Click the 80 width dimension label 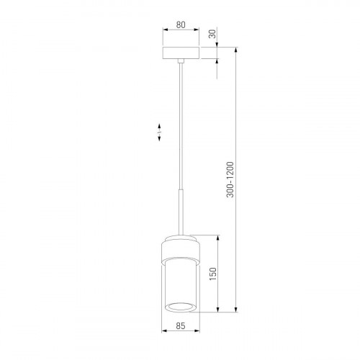point(181,24)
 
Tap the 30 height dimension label point(212,34)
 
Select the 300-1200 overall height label point(230,179)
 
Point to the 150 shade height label point(212,274)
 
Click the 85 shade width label point(181,326)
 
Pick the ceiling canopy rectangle point(181,53)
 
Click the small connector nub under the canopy point(181,61)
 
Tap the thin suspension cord point(181,126)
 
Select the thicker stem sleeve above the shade point(181,212)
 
